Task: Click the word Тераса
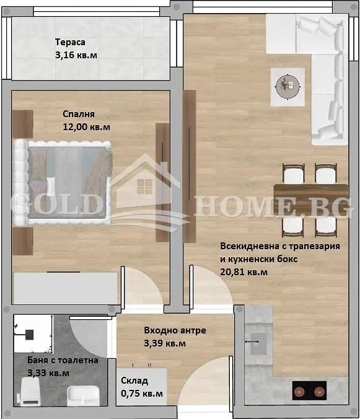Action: (70, 42)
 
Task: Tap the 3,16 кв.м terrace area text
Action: (76, 55)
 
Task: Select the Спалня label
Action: (79, 114)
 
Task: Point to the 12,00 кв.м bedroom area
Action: (86, 127)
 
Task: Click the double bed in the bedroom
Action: (62, 182)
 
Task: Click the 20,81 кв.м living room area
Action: (244, 272)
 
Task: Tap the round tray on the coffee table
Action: (288, 87)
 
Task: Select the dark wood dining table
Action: (311, 200)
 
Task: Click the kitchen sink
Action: (258, 344)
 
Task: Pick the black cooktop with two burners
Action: (310, 390)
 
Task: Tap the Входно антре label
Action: (175, 330)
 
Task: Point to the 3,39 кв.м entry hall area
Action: (165, 343)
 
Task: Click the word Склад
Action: (134, 381)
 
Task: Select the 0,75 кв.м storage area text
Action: (142, 394)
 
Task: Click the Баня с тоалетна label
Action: (63, 360)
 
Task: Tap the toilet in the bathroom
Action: (30, 392)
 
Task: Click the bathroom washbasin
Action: (83, 395)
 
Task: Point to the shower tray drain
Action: (29, 335)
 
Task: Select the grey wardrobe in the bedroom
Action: (66, 288)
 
